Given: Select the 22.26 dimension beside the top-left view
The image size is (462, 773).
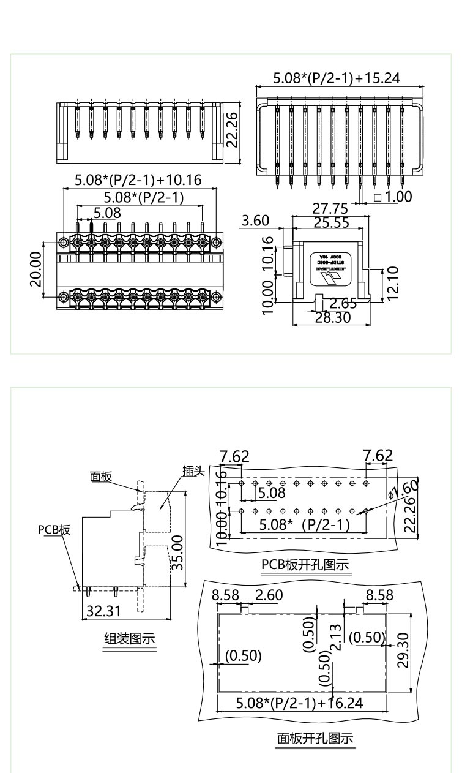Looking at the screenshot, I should [232, 130].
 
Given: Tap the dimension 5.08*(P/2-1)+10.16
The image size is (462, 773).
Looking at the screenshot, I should [138, 181].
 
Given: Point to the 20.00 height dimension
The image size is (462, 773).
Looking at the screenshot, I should [36, 268].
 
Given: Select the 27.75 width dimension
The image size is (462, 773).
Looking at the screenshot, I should [330, 209].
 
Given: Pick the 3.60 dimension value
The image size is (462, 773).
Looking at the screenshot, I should [256, 221].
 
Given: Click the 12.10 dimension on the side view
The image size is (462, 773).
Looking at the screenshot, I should [393, 282].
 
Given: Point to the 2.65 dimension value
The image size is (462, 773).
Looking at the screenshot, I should [343, 303].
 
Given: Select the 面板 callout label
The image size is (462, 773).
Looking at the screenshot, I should [102, 477].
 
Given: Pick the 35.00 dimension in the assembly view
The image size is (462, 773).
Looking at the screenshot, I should [177, 552].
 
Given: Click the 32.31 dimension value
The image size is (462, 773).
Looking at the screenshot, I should [103, 610].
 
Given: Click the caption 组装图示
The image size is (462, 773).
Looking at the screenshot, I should [129, 639].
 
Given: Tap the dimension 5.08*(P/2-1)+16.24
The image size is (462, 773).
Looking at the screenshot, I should [299, 703].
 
